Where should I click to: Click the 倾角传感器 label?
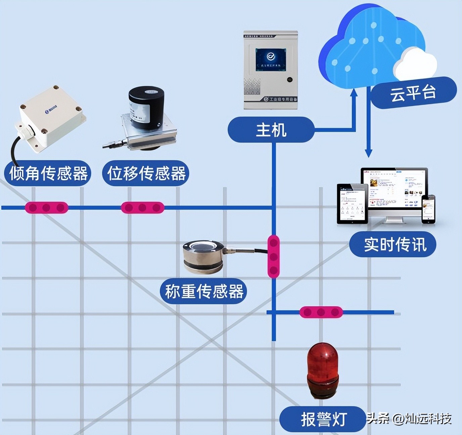pyautogui.click(x=48, y=173)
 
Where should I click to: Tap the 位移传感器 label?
pyautogui.click(x=146, y=173)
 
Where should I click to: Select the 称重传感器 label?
pyautogui.click(x=204, y=291)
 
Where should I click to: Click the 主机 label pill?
pyautogui.click(x=271, y=130)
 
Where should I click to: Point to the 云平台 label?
pyautogui.click(x=413, y=93)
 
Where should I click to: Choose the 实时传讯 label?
pyautogui.click(x=393, y=244)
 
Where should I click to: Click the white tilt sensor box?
pyautogui.click(x=52, y=117)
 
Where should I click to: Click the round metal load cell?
pyautogui.click(x=203, y=256)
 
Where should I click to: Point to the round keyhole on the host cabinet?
pyautogui.click(x=289, y=80)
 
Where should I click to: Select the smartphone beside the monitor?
pyautogui.click(x=428, y=209)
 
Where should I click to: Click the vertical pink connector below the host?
pyautogui.click(x=274, y=257)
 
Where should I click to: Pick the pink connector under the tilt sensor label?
pyautogui.click(x=46, y=208)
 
